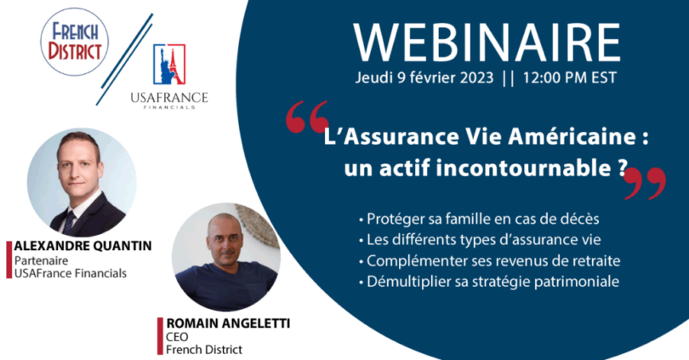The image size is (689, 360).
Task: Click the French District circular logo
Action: [x=74, y=42]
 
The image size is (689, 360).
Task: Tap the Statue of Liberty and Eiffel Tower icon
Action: [x=169, y=64]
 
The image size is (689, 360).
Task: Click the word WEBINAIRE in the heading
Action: [x=487, y=43]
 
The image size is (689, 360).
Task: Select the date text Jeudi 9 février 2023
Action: [x=424, y=77]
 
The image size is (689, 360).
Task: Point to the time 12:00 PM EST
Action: [x=569, y=77]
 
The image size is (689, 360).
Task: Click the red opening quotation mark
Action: [x=307, y=117]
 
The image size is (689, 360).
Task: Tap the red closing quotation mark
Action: [x=645, y=183]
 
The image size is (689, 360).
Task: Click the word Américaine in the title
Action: [x=572, y=137]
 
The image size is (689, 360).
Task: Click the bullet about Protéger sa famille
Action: [x=479, y=219]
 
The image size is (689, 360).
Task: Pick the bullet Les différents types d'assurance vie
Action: [x=480, y=239]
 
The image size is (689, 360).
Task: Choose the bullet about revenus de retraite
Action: [x=489, y=260]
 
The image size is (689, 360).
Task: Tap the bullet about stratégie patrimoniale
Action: [x=489, y=282]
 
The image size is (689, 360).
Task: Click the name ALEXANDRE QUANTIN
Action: [x=83, y=246]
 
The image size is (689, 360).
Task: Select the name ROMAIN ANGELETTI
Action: [x=228, y=323]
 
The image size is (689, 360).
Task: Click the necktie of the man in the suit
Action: [x=70, y=223]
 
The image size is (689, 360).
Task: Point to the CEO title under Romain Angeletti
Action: [x=177, y=337]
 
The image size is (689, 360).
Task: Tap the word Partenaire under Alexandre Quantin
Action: [x=42, y=260]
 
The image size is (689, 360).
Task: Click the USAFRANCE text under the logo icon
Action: [x=169, y=97]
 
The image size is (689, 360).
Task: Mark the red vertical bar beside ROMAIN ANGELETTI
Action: [x=161, y=336]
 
